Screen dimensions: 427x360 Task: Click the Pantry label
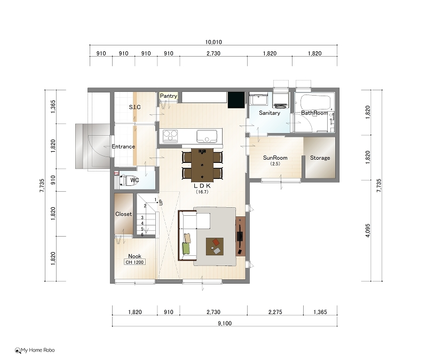169,96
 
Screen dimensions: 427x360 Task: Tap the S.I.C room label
135,107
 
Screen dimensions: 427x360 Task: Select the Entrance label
123,146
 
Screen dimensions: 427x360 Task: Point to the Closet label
124,214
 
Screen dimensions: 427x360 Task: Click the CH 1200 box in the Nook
135,262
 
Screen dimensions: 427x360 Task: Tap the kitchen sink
207,136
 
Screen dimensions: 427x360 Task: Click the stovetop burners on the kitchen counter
170,136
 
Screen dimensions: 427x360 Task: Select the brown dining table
202,165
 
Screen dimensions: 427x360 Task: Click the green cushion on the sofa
186,248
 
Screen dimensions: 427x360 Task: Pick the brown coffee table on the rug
215,246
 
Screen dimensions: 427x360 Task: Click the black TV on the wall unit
240,236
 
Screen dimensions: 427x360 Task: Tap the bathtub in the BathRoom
315,102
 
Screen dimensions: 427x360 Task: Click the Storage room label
320,158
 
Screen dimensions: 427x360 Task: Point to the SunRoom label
275,158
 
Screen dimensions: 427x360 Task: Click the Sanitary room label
270,113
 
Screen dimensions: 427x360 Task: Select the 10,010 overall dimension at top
213,42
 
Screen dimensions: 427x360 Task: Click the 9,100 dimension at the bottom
225,323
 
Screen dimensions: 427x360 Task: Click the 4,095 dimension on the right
368,231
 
